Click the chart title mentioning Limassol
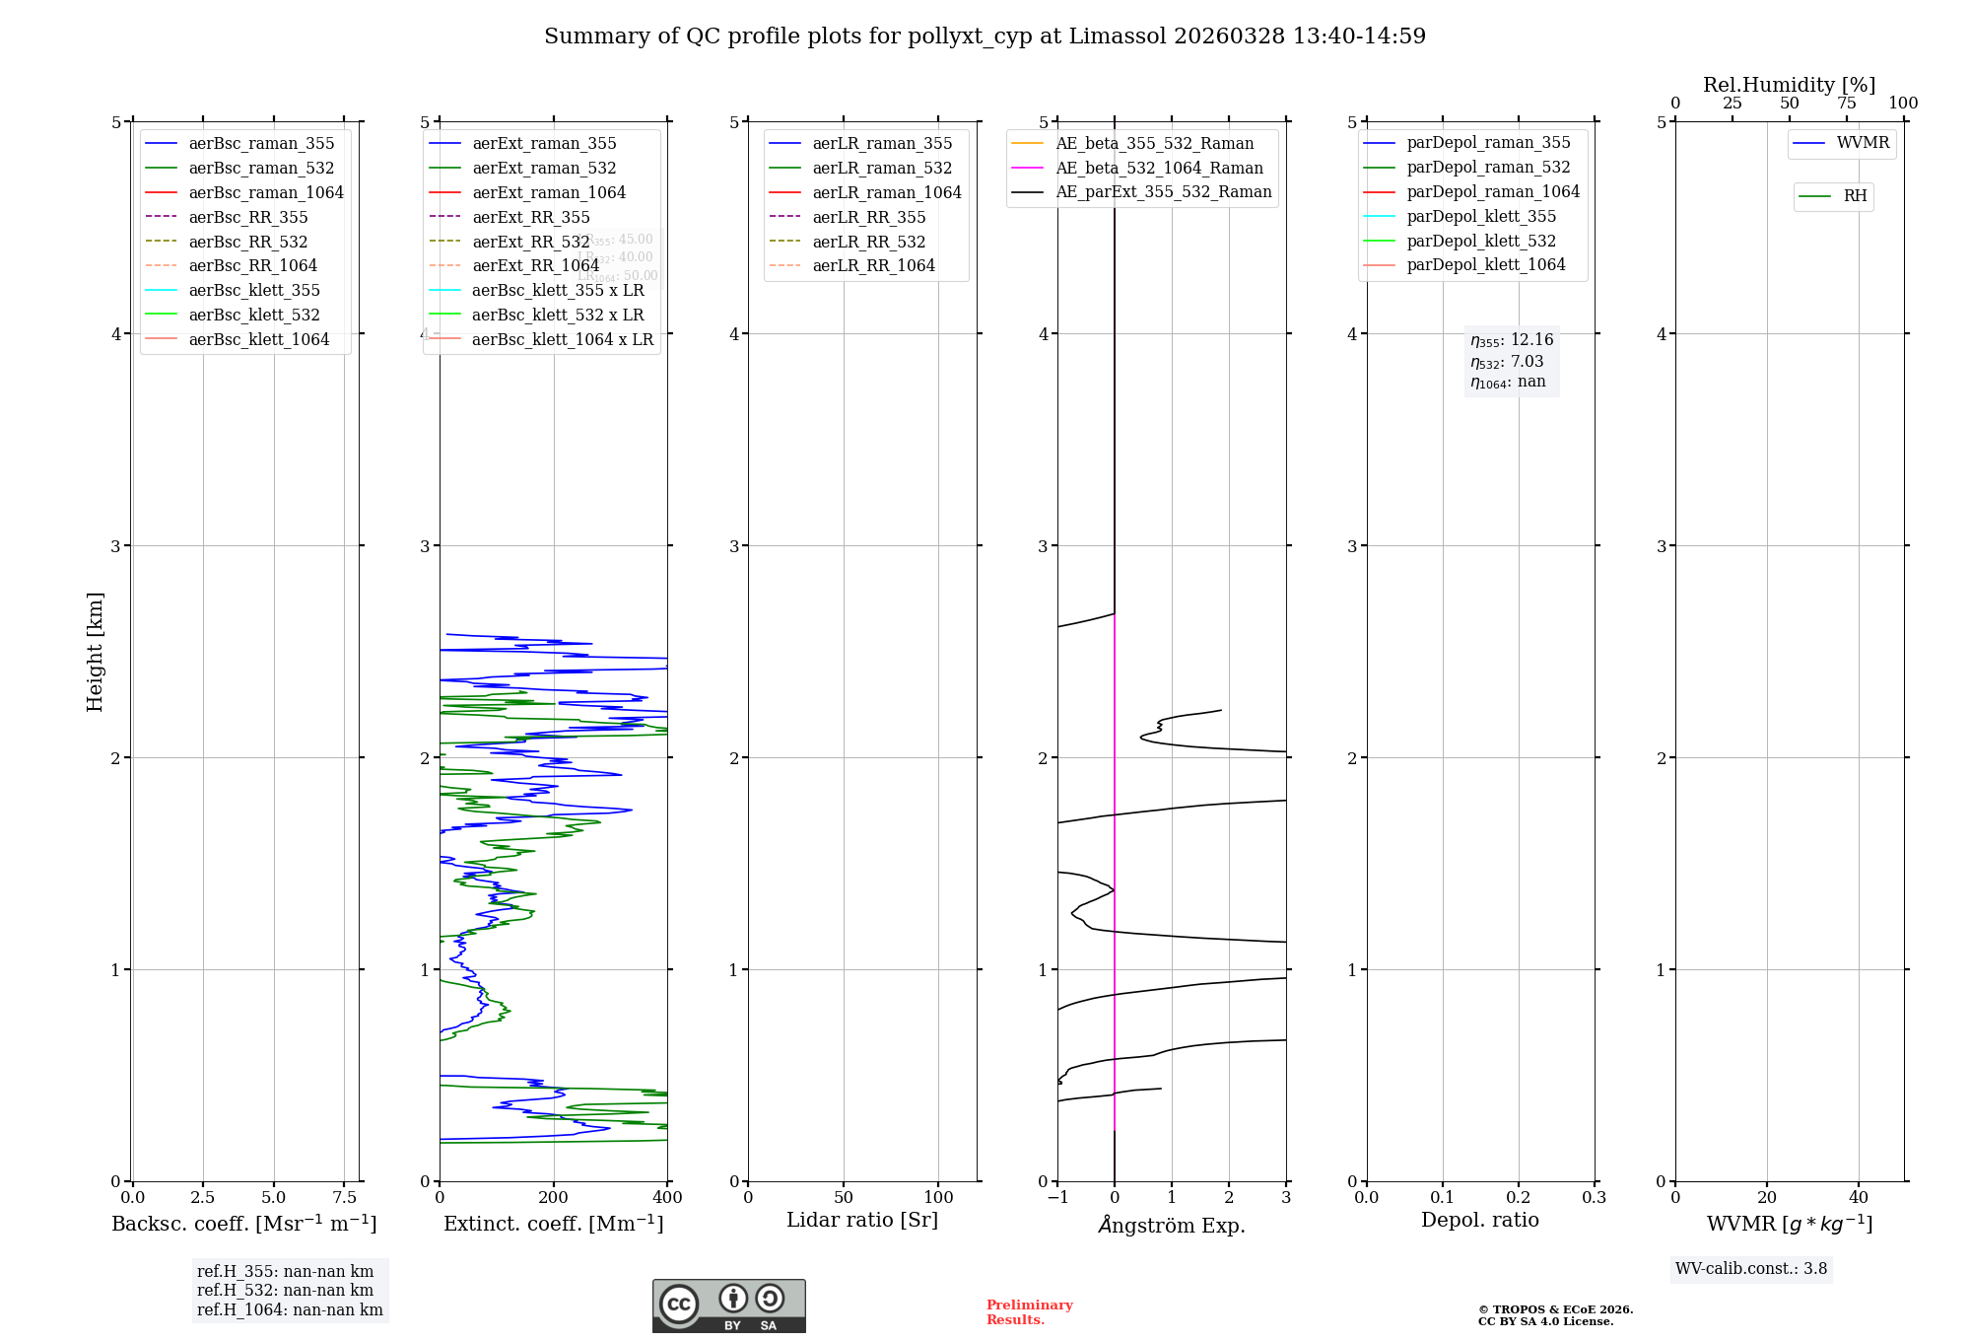pyautogui.click(x=985, y=36)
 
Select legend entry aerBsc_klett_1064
pyautogui.click(x=258, y=339)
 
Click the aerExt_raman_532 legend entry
pyautogui.click(x=544, y=168)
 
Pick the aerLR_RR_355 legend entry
pyautogui.click(x=868, y=217)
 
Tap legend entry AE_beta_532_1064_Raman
pyautogui.click(x=1159, y=168)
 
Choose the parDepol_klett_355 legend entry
pyautogui.click(x=1481, y=216)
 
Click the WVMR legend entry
pyautogui.click(x=1863, y=143)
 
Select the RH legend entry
pyautogui.click(x=1855, y=196)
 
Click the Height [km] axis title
pyautogui.click(x=95, y=651)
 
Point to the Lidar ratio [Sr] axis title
pyautogui.click(x=862, y=1220)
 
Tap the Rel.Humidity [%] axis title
pyautogui.click(x=1789, y=85)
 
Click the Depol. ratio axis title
pyautogui.click(x=1479, y=1220)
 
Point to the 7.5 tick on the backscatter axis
pyautogui.click(x=344, y=1197)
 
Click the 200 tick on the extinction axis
pyautogui.click(x=554, y=1197)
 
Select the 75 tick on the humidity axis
pyautogui.click(x=1847, y=104)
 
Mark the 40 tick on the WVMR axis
pyautogui.click(x=1859, y=1197)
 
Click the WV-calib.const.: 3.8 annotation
pyautogui.click(x=1750, y=1268)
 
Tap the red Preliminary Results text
pyautogui.click(x=1029, y=1312)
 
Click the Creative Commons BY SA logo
pyautogui.click(x=728, y=1306)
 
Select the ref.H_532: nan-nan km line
pyautogui.click(x=285, y=1290)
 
